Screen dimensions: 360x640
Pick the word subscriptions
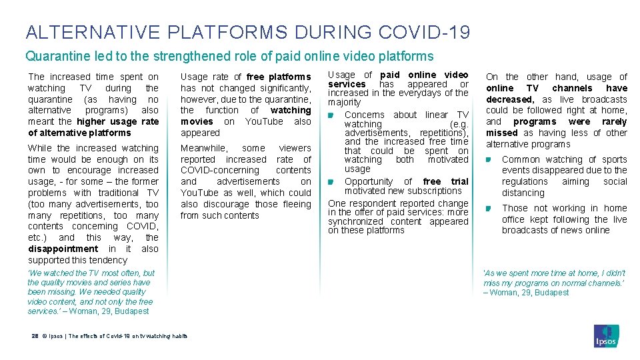[433, 191]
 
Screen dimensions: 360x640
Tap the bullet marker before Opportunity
[331, 183]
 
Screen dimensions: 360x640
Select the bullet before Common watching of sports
[489, 160]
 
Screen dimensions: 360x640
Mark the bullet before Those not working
[489, 209]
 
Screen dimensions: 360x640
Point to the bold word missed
[502, 133]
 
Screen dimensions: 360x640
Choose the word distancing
[523, 193]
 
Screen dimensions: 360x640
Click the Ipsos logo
[606, 335]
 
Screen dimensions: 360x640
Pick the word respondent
[377, 203]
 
